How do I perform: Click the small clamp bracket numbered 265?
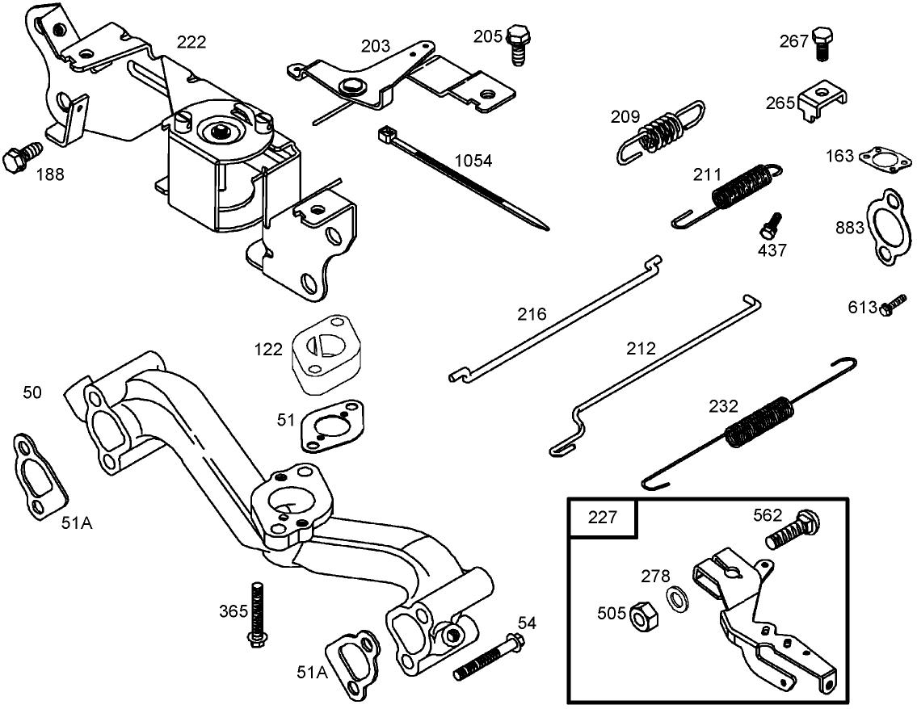[x=822, y=102]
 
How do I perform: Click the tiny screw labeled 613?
[x=892, y=306]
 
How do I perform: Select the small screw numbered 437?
[x=771, y=224]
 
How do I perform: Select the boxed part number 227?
[x=603, y=517]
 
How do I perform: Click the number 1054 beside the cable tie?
[x=473, y=161]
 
